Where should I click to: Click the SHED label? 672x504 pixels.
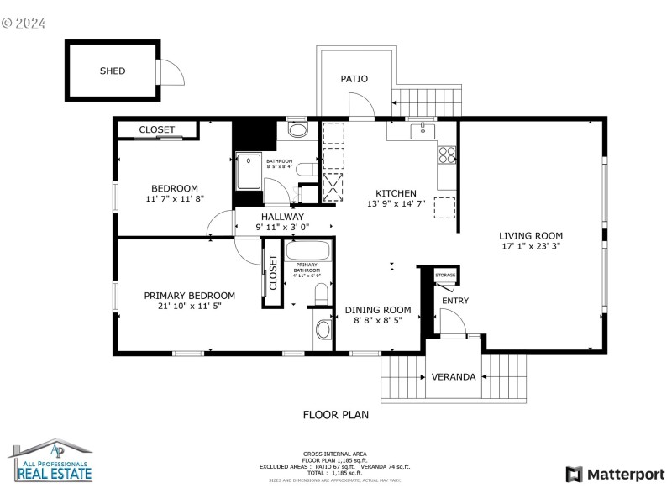113,71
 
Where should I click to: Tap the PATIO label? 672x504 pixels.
354,79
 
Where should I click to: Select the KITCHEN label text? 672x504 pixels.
396,192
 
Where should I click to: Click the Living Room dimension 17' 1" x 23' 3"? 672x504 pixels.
531,247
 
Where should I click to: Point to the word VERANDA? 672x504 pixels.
454,377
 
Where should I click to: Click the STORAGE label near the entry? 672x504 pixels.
445,275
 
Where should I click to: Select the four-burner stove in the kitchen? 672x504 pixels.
447,155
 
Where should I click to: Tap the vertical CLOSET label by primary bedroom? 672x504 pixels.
273,273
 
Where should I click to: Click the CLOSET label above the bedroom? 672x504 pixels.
157,129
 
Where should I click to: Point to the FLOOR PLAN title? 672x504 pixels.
336,414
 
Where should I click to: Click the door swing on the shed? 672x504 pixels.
172,73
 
